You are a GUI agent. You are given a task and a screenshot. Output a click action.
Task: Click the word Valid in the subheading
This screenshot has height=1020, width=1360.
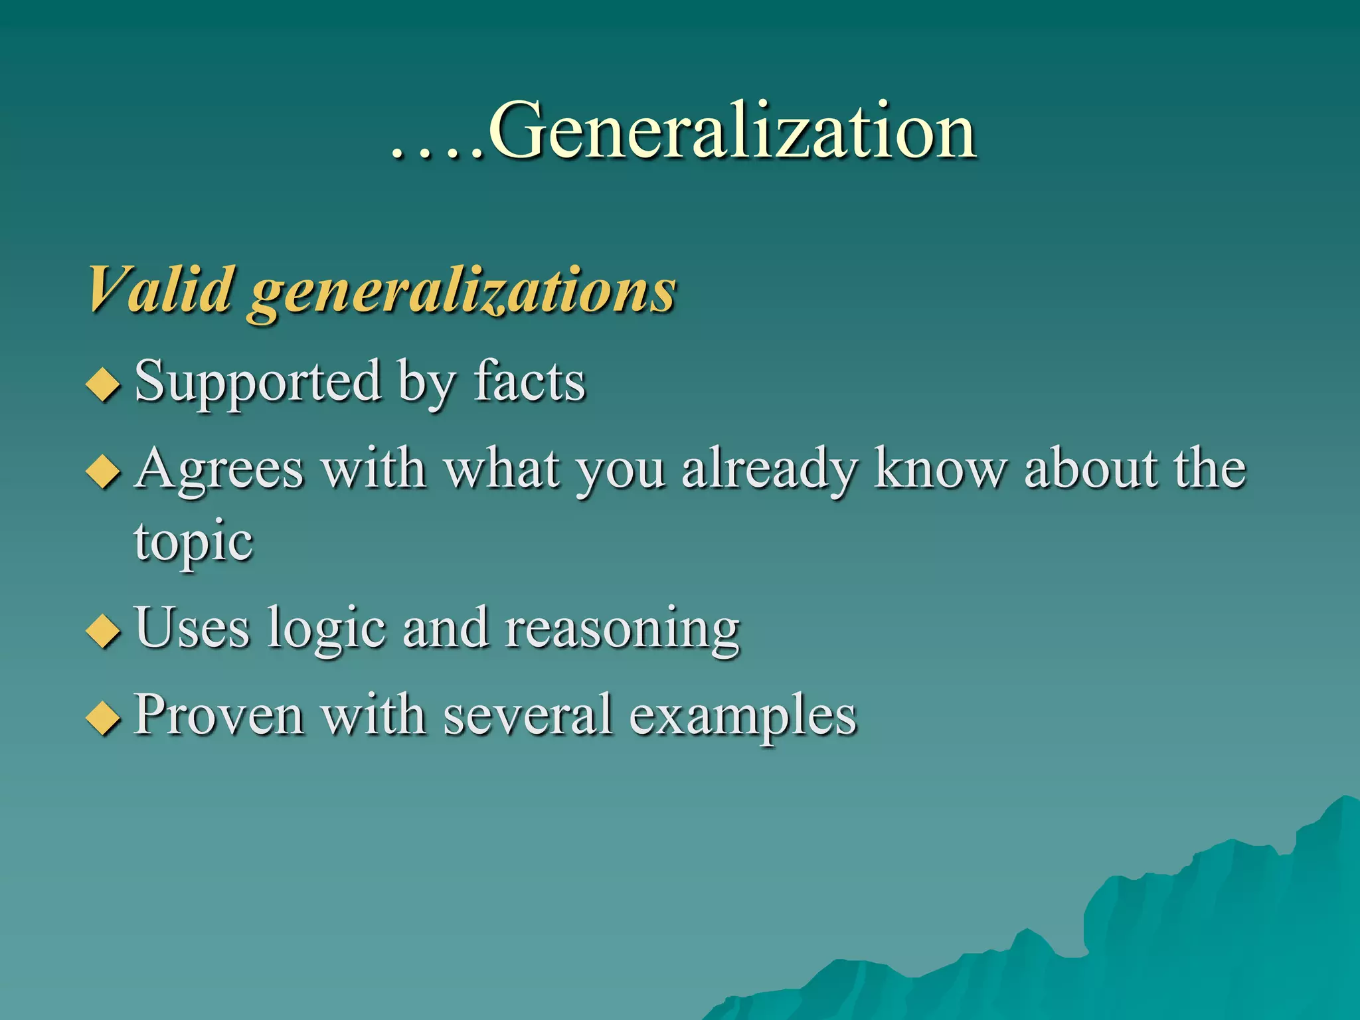(x=160, y=290)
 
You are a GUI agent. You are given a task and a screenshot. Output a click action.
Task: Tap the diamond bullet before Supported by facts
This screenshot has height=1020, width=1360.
(x=104, y=385)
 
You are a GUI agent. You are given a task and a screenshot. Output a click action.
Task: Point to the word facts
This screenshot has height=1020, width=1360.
(x=529, y=382)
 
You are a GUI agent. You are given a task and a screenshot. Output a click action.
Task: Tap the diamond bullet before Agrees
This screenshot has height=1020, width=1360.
(x=104, y=473)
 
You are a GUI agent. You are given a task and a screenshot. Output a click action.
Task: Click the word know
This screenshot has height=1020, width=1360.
(x=940, y=469)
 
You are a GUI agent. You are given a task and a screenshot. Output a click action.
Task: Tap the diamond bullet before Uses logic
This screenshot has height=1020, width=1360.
(x=104, y=631)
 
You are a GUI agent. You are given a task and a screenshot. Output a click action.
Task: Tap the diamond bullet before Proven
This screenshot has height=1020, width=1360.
(x=104, y=719)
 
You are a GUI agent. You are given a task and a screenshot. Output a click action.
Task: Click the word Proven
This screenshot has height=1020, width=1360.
(x=219, y=716)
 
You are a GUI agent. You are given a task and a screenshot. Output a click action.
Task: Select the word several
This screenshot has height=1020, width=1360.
(x=528, y=716)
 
